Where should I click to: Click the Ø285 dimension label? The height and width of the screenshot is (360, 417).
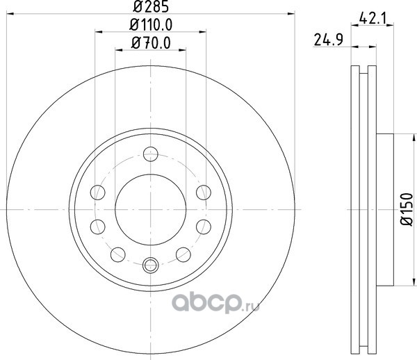151,6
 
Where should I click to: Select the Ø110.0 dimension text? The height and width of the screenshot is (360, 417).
151,25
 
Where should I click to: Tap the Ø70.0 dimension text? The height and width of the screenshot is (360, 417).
151,43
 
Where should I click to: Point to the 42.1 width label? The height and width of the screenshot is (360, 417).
373,18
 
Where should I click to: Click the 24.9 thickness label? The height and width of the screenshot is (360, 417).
329,40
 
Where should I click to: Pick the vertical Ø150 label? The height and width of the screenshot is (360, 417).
407,209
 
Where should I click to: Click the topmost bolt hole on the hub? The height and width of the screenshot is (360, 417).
151,154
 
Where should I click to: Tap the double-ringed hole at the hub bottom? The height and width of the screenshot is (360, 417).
151,265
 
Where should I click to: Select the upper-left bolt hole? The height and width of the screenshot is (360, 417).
97,193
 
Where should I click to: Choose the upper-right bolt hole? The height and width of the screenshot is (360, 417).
204,193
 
